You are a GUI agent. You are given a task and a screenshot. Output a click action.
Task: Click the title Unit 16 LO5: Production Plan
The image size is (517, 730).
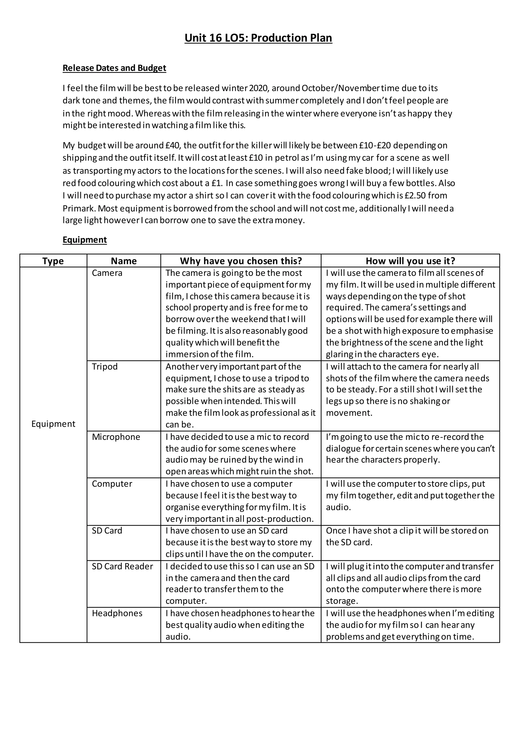[258, 38]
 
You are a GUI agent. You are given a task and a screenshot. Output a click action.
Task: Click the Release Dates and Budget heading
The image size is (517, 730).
[114, 68]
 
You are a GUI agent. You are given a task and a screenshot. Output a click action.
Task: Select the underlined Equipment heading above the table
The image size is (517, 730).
[85, 240]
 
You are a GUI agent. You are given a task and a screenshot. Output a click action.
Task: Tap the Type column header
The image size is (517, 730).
[53, 261]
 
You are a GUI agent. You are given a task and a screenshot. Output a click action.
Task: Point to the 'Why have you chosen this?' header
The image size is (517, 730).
[241, 261]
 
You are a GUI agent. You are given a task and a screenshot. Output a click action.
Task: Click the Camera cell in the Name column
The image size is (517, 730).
[107, 273]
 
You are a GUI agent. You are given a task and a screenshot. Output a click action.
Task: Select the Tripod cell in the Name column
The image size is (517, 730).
[105, 367]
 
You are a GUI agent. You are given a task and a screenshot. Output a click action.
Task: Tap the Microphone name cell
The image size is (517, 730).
[116, 437]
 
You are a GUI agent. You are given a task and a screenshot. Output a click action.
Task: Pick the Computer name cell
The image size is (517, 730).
[112, 483]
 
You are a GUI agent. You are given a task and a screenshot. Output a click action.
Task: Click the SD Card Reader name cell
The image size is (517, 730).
[122, 566]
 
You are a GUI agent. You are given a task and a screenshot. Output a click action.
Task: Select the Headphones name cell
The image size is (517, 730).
[117, 613]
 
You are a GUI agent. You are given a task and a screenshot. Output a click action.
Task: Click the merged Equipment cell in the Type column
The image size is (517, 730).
[53, 424]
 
